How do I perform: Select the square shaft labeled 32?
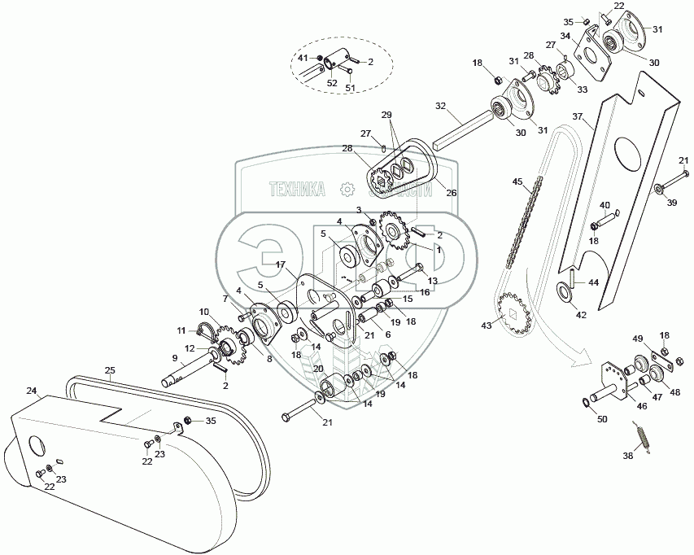464,127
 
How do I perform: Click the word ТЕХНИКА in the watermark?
298,189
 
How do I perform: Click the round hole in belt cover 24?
37,446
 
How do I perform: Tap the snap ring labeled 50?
586,404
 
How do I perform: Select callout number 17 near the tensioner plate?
281,264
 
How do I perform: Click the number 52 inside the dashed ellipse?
332,82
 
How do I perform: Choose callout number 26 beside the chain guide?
452,193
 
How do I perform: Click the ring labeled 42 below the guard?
562,291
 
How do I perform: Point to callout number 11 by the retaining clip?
181,330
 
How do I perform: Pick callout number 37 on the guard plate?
577,116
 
